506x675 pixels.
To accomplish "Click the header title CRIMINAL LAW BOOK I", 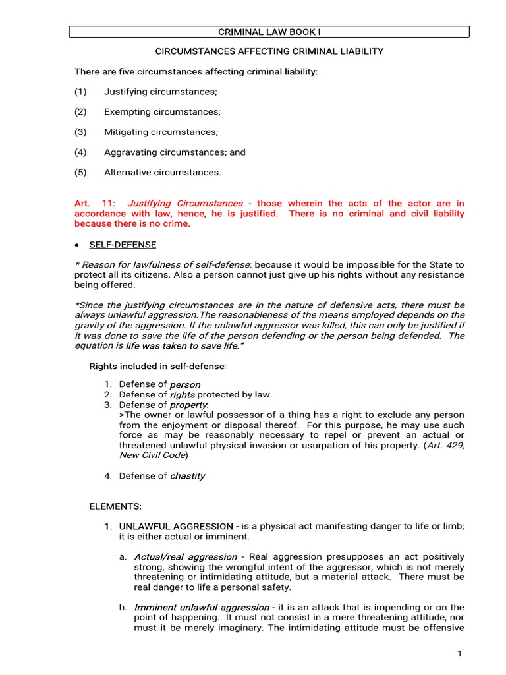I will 269,32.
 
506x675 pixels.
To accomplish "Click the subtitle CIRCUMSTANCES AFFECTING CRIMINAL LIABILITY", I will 269,51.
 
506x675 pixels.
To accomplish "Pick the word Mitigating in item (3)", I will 124,132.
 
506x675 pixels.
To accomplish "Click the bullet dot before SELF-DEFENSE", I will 77,245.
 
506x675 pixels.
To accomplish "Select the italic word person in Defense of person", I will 185,384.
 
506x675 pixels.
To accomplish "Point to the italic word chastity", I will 188,476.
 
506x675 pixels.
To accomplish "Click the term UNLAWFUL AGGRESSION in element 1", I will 176,527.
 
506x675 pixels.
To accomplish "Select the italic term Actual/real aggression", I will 185,557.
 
